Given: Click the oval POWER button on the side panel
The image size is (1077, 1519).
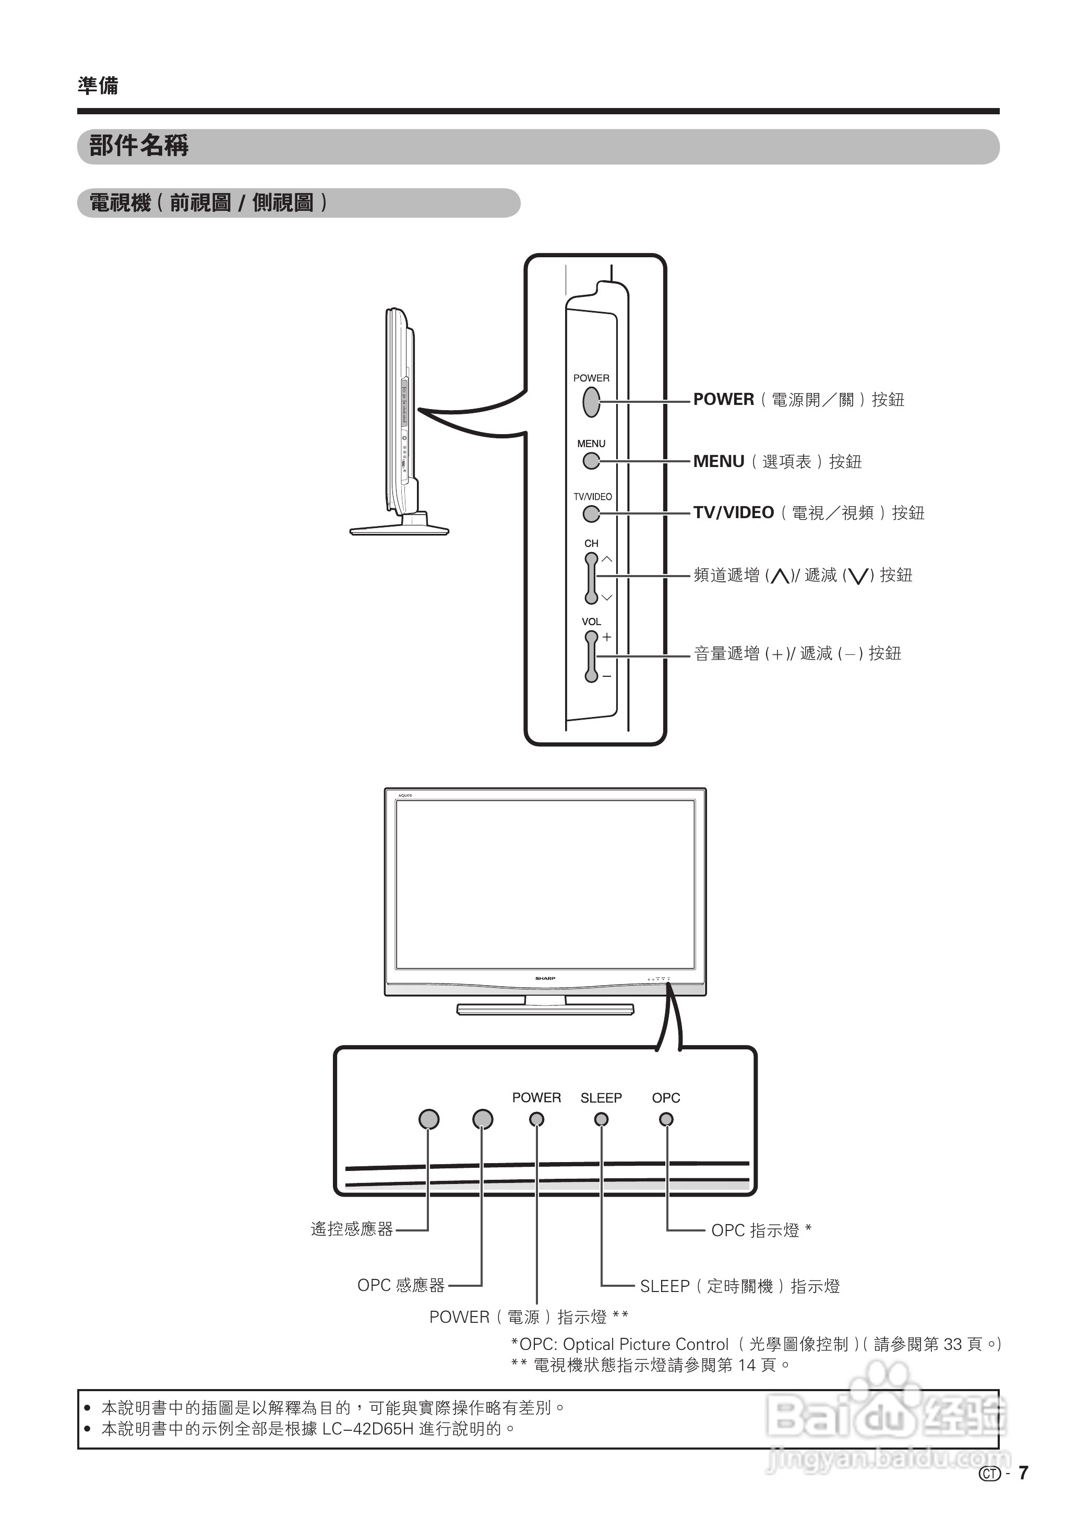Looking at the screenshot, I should [x=591, y=401].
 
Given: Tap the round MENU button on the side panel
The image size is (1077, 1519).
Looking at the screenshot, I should [x=591, y=461].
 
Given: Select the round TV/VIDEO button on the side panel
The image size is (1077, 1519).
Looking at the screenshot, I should [x=591, y=514].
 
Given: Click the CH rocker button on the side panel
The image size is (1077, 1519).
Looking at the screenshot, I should [x=591, y=578].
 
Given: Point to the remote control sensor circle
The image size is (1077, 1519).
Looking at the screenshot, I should [x=429, y=1119].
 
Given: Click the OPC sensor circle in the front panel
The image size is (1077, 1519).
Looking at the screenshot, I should [x=483, y=1119].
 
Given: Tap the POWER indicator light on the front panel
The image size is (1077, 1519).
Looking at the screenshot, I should [x=536, y=1119].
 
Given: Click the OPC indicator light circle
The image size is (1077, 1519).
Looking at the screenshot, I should [x=666, y=1119].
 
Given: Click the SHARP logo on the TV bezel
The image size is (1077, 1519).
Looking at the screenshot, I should [x=545, y=978].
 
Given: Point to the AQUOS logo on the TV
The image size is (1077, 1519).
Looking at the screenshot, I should [x=405, y=795].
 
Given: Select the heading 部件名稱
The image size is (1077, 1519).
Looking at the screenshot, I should [x=139, y=146].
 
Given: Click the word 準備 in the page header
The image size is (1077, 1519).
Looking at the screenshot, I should [x=98, y=86].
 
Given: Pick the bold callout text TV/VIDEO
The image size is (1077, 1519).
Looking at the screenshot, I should [x=734, y=512].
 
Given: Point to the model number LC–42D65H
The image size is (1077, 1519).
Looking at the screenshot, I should [x=367, y=1428].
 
